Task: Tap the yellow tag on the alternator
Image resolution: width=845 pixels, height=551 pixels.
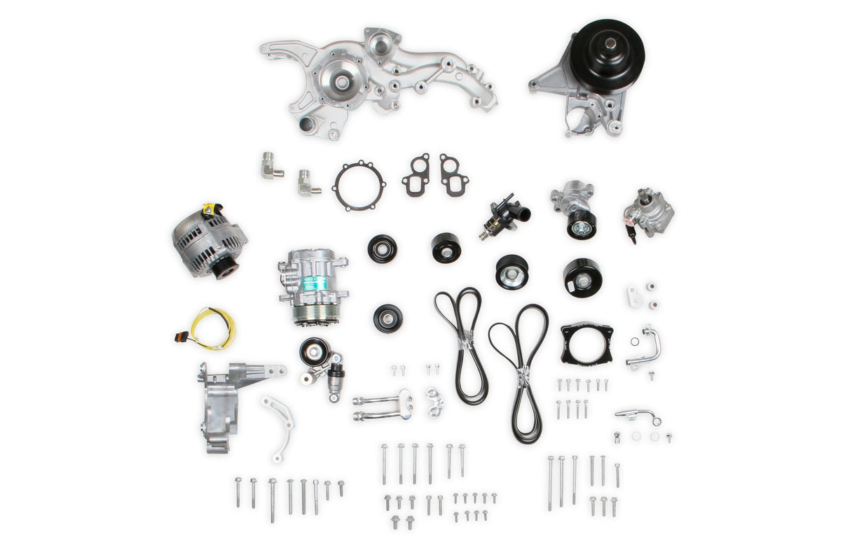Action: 208,209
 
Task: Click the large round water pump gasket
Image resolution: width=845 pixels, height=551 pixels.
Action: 359,186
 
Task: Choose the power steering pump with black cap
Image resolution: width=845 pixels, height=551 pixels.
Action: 648,212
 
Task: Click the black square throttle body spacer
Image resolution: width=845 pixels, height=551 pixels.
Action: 586,343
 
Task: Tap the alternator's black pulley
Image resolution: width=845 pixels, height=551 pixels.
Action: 226,267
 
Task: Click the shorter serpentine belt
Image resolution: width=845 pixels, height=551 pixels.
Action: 462,343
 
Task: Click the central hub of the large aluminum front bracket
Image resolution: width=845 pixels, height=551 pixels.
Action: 342,83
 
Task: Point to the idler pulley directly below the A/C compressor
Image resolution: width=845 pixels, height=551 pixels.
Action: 387,319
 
